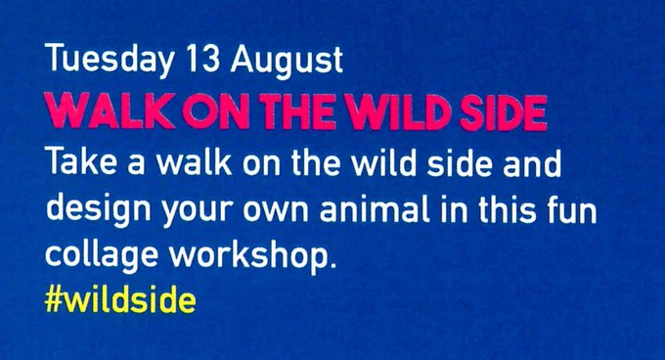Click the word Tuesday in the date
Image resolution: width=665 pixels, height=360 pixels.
click(110, 60)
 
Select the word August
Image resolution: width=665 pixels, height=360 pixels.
click(287, 61)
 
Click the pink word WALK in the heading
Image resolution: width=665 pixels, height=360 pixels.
click(111, 112)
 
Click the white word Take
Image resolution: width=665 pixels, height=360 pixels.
click(81, 161)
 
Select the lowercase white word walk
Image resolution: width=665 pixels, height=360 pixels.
click(195, 161)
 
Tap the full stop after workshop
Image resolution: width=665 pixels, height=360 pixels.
click(332, 265)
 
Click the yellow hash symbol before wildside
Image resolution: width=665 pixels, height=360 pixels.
click(54, 300)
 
